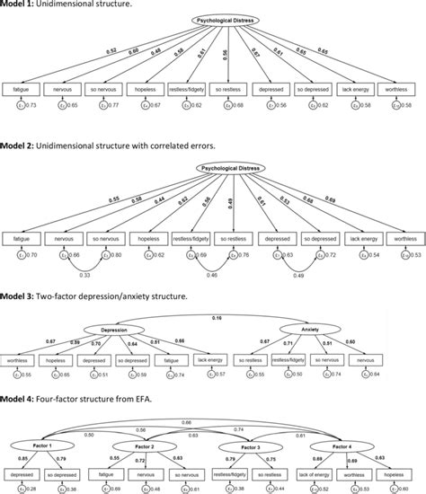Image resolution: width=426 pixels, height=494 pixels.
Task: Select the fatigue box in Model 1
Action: coord(23,90)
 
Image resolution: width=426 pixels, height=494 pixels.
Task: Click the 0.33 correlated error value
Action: coord(84,274)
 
